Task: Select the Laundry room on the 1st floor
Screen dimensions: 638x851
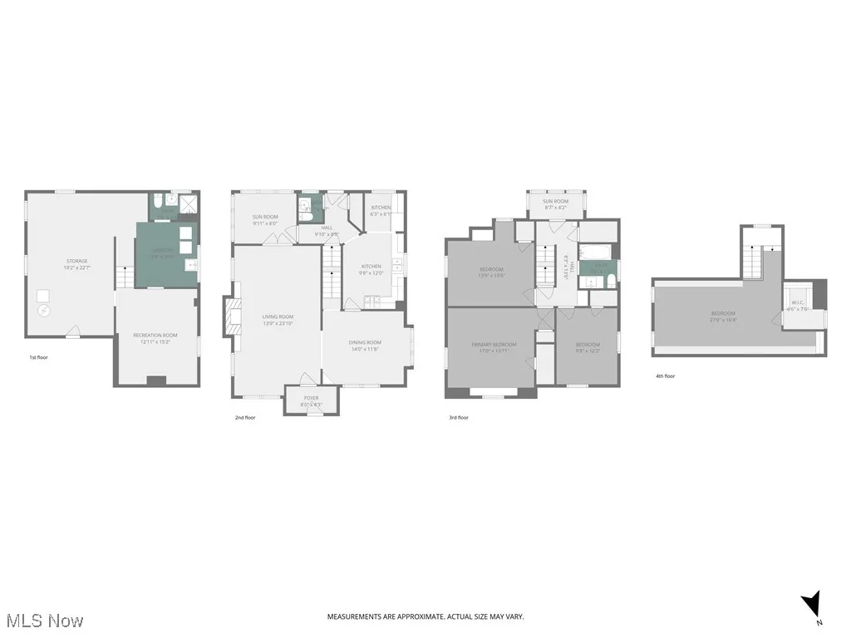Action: coord(166,253)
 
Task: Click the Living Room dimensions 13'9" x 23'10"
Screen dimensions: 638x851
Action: coord(278,324)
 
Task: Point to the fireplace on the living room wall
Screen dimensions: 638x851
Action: coord(230,317)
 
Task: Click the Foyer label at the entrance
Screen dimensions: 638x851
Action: coord(311,398)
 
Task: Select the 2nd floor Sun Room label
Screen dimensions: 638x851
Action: coord(265,217)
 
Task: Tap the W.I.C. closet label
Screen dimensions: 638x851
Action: coord(796,302)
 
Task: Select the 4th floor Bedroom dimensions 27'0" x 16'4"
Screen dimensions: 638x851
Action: coord(722,320)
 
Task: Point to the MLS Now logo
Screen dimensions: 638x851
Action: coord(44,621)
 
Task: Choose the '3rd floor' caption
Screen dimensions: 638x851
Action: coord(459,418)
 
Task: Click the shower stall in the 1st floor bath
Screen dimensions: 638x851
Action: coord(188,202)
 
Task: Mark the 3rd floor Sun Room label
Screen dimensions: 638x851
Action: coord(556,202)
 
